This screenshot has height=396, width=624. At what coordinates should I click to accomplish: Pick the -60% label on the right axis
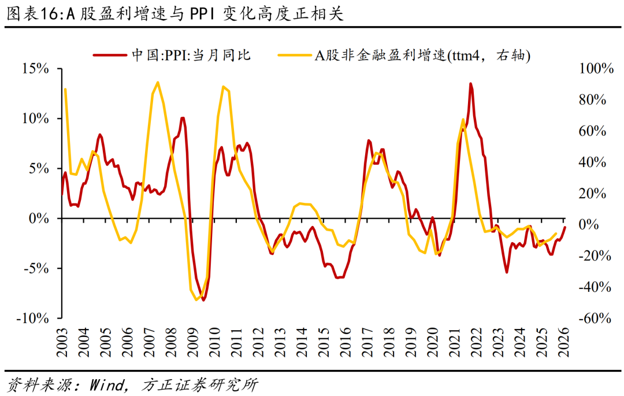[594, 319]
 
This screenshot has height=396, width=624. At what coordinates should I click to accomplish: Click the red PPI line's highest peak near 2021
[470, 83]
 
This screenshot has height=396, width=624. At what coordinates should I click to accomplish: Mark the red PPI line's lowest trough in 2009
[203, 300]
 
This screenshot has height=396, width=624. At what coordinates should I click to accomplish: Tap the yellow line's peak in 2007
[158, 82]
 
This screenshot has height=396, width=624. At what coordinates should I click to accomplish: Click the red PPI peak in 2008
[183, 119]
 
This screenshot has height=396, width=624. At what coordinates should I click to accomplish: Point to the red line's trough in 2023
[507, 272]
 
